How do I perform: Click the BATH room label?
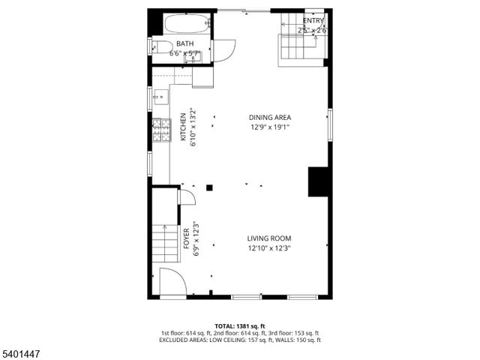coord(184,43)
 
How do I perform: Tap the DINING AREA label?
coord(270,117)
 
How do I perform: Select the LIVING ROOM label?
coord(269,238)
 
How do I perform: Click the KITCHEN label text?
coord(183,127)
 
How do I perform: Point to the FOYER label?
coord(187,238)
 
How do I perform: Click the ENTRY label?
coord(314,20)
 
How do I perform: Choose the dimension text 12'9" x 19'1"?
coord(270,127)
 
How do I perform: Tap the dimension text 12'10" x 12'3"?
coord(269,248)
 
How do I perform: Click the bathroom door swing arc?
coord(224,49)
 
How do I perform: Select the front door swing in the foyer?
coord(172,282)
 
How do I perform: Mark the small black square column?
coord(210,187)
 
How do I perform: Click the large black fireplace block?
coord(319,182)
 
